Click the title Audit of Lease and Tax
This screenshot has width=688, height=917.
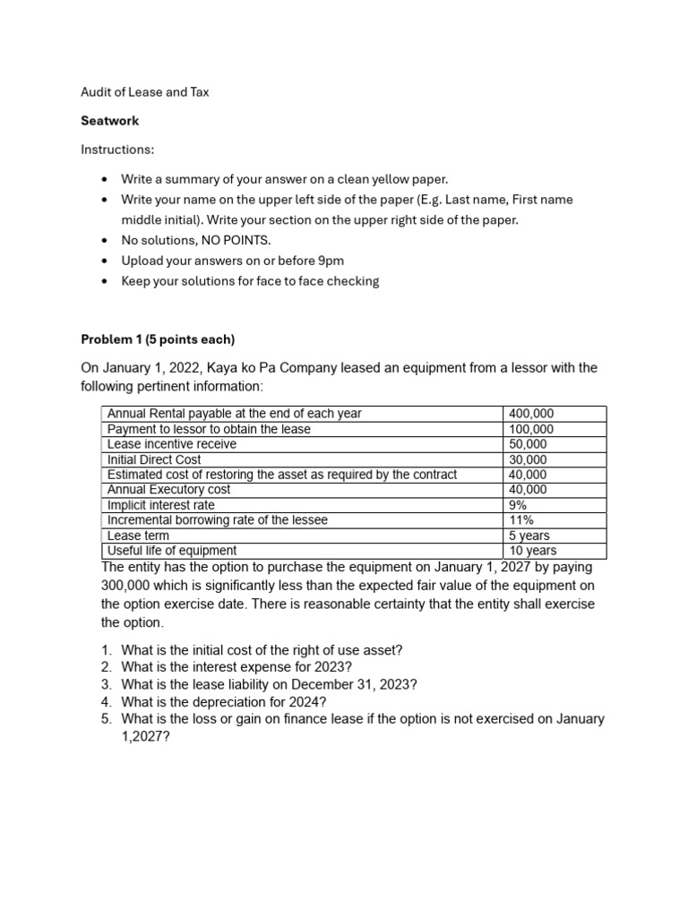144,92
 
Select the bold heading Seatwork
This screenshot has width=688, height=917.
110,120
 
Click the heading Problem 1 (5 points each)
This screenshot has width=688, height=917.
157,339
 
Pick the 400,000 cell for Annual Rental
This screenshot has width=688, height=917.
531,414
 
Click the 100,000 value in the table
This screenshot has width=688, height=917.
531,429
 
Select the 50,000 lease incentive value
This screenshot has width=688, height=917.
529,444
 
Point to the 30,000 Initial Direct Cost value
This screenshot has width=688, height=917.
529,459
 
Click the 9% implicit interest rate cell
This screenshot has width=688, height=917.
519,505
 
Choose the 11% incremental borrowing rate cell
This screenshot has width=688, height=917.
521,520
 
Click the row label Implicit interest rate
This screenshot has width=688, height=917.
160,505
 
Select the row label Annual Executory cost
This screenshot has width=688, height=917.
168,490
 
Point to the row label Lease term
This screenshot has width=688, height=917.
137,536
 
